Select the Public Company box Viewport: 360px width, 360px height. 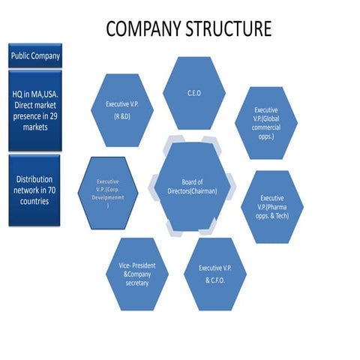coord(35,55)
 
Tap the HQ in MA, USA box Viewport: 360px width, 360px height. coord(35,110)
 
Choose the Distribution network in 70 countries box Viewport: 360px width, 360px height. coord(35,190)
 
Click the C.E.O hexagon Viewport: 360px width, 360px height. coord(194,93)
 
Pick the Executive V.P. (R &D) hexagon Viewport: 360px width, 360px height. coord(121,110)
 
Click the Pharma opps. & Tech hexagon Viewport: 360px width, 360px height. coord(271,206)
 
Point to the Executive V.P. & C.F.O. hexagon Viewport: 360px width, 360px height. coord(214,274)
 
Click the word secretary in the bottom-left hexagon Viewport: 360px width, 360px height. coord(137,283)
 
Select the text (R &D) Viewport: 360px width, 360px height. coord(121,117)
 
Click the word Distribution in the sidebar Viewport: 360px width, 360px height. coord(35,179)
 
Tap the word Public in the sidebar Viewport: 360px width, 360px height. coord(21,55)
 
